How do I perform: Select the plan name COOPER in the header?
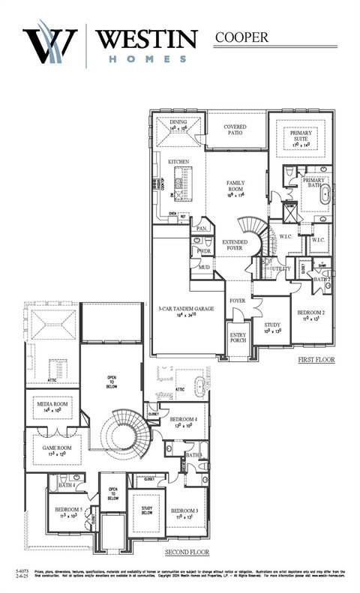pos(241,36)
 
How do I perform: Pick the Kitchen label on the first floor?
pos(178,162)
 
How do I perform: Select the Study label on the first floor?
pos(271,325)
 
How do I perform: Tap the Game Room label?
pos(55,449)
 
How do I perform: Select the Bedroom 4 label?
pos(183,419)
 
